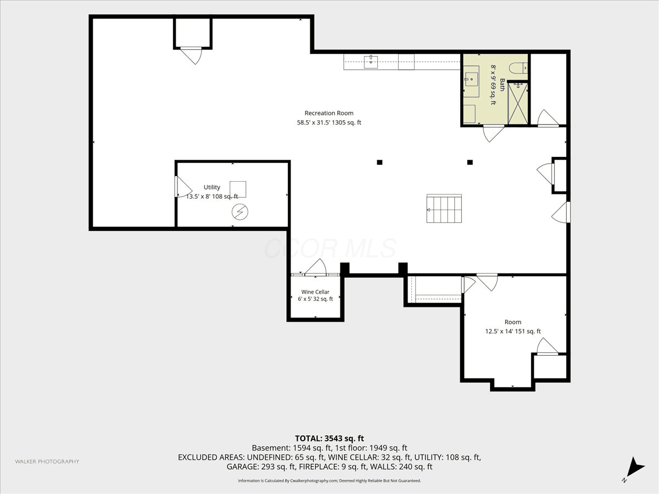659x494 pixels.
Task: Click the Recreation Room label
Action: (329, 113)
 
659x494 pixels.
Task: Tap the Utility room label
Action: (212, 187)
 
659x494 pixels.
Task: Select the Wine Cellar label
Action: (315, 292)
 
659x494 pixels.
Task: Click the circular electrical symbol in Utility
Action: (240, 212)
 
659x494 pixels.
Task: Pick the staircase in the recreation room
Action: (444, 209)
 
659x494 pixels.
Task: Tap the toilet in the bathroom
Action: (518, 68)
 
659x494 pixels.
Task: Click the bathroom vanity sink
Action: (471, 79)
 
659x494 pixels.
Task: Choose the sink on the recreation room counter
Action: (371, 62)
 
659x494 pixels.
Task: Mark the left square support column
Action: (380, 162)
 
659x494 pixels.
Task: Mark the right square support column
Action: (470, 162)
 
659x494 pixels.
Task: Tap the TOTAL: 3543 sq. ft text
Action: (329, 439)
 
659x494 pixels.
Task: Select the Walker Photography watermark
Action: (47, 461)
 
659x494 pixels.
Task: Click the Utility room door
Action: (182, 187)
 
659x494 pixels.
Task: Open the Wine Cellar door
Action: (315, 267)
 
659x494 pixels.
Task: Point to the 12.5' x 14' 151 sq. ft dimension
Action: (513, 331)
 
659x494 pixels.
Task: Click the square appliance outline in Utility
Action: (238, 189)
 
